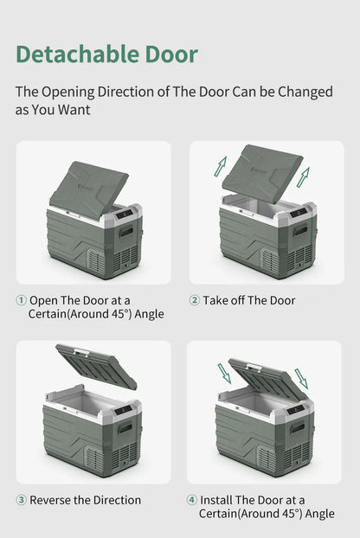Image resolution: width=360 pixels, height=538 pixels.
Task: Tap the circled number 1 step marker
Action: pos(22,300)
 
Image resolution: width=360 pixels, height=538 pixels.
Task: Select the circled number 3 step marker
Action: pos(22,500)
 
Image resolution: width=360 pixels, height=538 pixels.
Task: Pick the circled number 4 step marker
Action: pos(192,500)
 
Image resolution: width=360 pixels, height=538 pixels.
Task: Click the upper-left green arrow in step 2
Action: pos(221,164)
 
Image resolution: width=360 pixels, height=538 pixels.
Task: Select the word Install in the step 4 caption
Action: pos(217,500)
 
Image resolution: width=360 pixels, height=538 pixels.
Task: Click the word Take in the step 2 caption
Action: pos(217,300)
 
